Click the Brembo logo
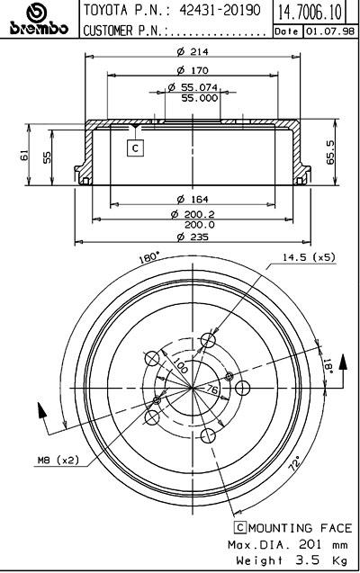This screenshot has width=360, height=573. tap(39, 20)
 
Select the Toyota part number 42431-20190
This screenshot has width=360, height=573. tap(220, 10)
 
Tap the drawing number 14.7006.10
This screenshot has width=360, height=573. tap(310, 12)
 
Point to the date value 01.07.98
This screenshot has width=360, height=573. tap(329, 31)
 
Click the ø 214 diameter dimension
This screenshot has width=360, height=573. tap(193, 52)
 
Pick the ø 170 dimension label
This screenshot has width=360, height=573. tap(193, 70)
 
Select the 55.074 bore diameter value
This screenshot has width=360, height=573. tap(199, 87)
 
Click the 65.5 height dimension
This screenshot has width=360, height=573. tap(330, 152)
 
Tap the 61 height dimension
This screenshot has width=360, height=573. tap(24, 155)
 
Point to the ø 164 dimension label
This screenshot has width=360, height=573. tap(193, 199)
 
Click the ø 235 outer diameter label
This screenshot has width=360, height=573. tap(193, 237)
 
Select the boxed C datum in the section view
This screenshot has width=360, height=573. tap(135, 148)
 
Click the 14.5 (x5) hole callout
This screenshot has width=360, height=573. tap(309, 257)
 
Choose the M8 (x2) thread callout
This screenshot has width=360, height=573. tap(58, 460)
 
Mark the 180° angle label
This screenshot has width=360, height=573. tap(149, 257)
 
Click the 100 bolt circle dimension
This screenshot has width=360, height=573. tap(180, 365)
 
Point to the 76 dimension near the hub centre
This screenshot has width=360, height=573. tap(211, 389)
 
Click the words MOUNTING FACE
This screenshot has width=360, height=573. tap(300, 528)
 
